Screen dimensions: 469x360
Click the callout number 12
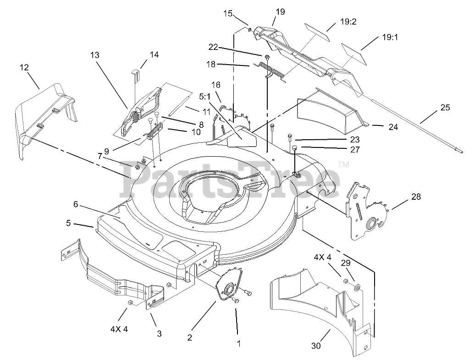click(x=24, y=67)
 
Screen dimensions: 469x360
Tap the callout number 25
click(x=445, y=108)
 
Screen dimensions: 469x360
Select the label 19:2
click(x=348, y=22)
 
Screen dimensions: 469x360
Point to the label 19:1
click(x=390, y=38)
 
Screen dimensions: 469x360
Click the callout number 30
click(x=316, y=346)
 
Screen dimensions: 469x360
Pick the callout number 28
click(x=416, y=196)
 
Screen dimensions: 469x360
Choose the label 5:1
click(x=205, y=97)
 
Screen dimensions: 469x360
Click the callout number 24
click(x=393, y=127)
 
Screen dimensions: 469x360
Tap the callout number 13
click(x=94, y=55)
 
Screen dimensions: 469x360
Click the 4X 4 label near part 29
click(x=322, y=257)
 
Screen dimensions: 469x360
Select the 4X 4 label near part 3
click(x=119, y=329)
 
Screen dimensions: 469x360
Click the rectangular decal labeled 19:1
click(x=353, y=53)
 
